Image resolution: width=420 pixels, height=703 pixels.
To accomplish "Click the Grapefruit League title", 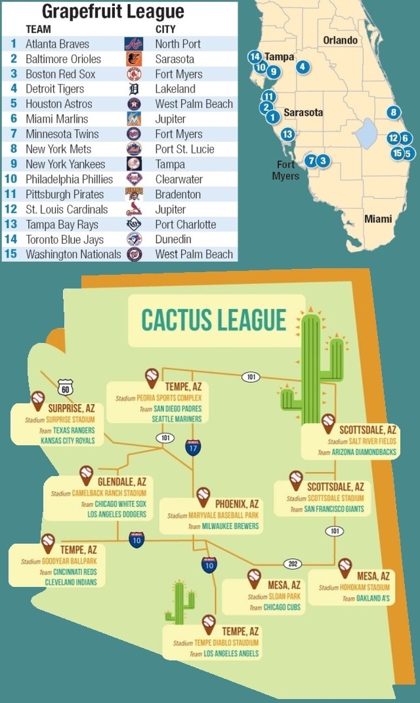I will coord(113,12).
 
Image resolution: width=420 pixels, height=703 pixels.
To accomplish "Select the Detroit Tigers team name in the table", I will coord(55,89).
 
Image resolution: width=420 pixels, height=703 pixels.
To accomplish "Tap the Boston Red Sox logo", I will coord(133,74).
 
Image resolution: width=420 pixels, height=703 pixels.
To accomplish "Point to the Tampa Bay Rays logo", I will coord(133,224).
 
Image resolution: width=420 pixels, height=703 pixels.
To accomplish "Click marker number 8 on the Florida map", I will coord(393,112).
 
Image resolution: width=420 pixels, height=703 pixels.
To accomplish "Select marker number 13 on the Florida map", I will coord(287,134).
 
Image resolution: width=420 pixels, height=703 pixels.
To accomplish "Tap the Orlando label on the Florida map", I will coord(341,40).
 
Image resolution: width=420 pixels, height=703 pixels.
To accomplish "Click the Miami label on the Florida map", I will coord(379,219).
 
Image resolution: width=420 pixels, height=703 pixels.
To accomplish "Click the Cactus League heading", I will coord(214,320).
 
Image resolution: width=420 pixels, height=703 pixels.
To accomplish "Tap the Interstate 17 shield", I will coord(193,447).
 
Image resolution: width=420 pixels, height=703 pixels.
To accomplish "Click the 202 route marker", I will coord(292,563).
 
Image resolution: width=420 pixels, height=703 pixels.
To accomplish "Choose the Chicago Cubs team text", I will coord(282,608).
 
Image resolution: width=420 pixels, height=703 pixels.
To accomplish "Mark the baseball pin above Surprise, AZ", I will coord(38,399).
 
